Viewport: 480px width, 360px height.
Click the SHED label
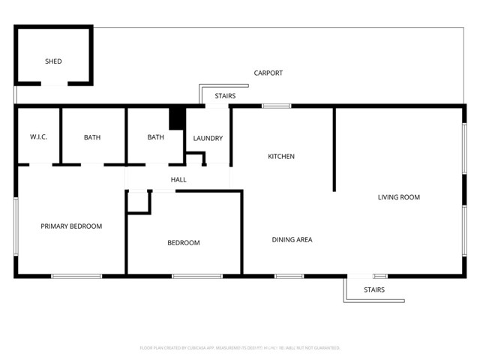pos(53,61)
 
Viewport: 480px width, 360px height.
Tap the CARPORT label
pos(268,73)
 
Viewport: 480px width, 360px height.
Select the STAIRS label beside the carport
pos(225,96)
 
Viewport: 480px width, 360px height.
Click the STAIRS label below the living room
pos(374,289)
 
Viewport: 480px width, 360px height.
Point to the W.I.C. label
pos(38,137)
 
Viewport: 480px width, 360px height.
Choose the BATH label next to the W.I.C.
pos(92,137)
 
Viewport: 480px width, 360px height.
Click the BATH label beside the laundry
pos(155,137)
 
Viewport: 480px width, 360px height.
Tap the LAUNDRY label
pos(208,138)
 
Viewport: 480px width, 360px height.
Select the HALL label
pos(178,180)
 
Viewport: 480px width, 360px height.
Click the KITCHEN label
pos(281,157)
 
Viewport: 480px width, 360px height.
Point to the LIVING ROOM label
pos(398,197)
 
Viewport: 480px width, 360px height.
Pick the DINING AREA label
pos(292,240)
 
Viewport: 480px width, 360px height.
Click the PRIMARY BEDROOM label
pos(71,226)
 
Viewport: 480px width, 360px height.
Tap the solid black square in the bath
pos(177,119)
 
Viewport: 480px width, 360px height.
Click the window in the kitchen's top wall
pos(276,106)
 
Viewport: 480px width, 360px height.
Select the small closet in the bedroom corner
pos(139,202)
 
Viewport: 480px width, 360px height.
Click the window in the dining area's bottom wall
pos(289,276)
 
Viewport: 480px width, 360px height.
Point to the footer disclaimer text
pos(240,348)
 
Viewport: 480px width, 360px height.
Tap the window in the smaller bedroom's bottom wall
pos(196,276)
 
